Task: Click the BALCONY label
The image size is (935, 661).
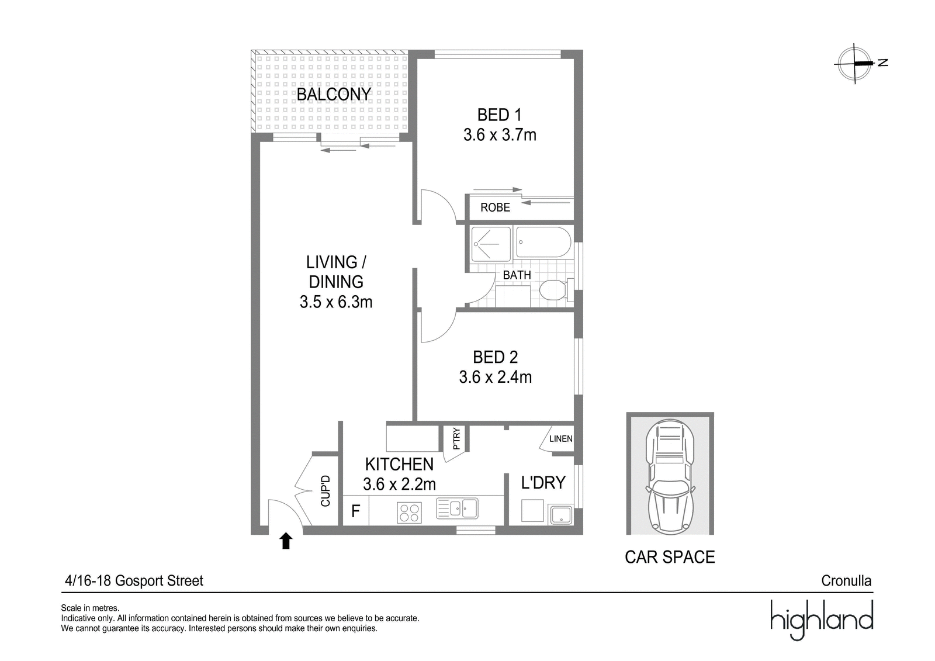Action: coord(334,94)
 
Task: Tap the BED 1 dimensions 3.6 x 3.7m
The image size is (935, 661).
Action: coord(500,135)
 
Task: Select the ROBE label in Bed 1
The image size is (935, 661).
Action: coord(495,207)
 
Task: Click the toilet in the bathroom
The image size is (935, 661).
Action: coord(556,290)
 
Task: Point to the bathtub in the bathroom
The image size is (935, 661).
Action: coord(543,242)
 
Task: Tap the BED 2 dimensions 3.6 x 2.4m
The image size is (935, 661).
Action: coord(496,377)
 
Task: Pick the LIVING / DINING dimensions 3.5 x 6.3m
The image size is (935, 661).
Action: coord(336,302)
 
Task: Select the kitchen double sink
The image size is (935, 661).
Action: coord(457,508)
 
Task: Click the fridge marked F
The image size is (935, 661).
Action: coord(356,510)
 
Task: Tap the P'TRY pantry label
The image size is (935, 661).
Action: coord(456,439)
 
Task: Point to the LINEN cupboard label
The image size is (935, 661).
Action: coord(560,439)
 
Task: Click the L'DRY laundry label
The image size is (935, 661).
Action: coord(543,483)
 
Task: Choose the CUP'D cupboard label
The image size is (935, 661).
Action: coord(325,491)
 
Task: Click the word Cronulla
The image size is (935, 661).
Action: coord(846,581)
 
